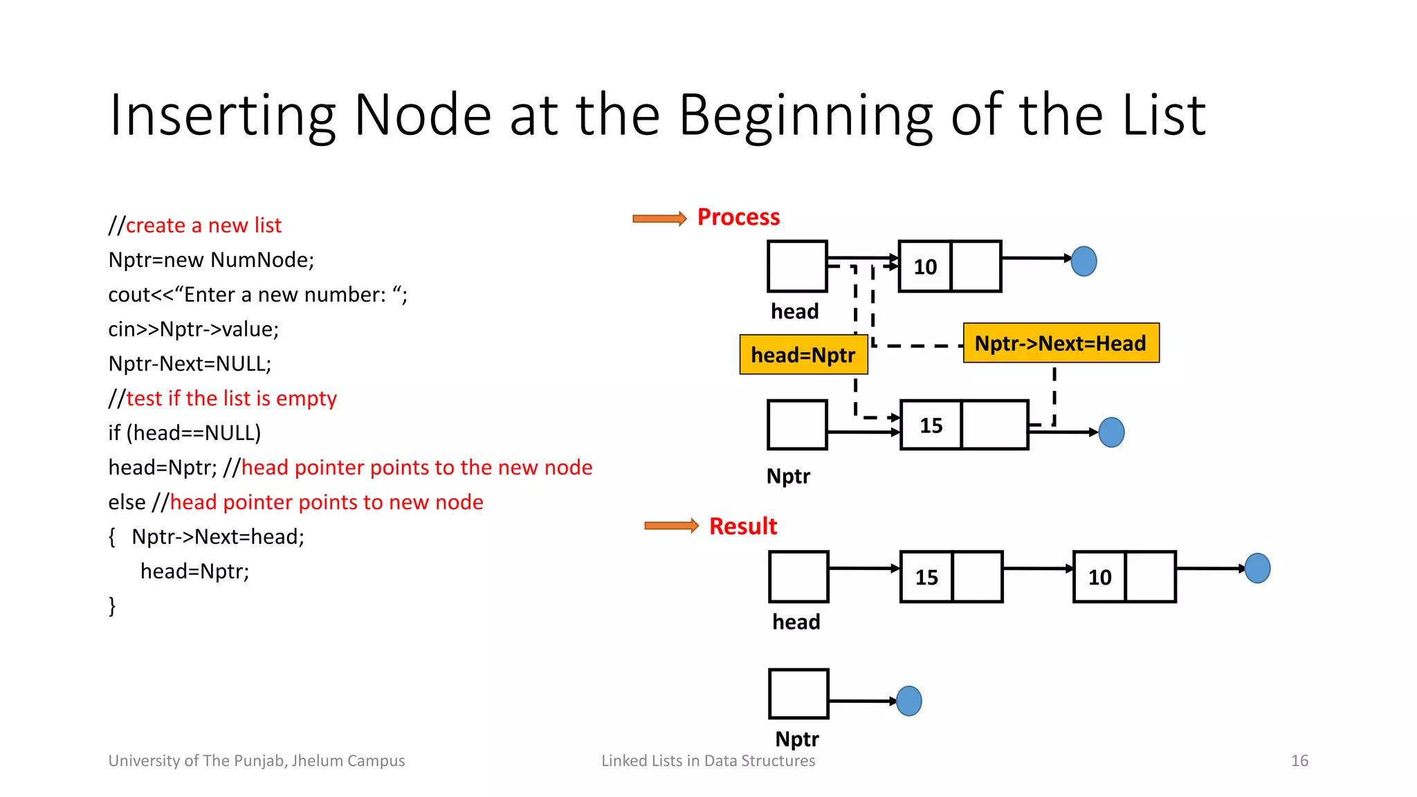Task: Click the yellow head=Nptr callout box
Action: click(803, 355)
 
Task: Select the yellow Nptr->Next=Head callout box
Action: click(1061, 343)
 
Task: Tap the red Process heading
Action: click(738, 217)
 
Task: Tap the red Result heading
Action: click(743, 526)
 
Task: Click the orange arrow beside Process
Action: click(659, 219)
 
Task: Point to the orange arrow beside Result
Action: click(671, 526)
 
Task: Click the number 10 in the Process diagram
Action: click(925, 267)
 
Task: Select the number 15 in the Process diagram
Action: click(931, 425)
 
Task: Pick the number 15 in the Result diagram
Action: click(926, 578)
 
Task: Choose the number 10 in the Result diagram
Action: click(1099, 578)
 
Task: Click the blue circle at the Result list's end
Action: click(1257, 569)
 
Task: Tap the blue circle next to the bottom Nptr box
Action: click(909, 701)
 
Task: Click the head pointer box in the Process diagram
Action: click(797, 266)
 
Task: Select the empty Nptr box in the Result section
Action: click(798, 694)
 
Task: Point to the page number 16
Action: click(1299, 761)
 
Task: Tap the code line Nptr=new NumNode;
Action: click(211, 260)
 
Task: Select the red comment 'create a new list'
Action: click(203, 226)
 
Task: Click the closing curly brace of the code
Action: click(112, 606)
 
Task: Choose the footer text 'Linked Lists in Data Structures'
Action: click(708, 761)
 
